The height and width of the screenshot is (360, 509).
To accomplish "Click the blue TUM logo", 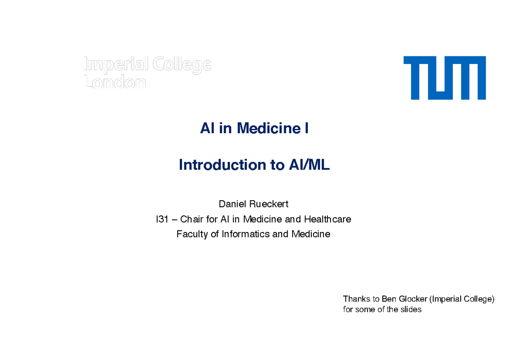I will [444, 78].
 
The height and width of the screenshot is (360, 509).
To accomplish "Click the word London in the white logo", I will [115, 83].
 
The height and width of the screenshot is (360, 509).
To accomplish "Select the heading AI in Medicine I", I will [254, 128].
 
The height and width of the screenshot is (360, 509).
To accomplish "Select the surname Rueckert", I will [269, 204].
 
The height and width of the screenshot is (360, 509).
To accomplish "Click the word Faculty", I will [192, 234].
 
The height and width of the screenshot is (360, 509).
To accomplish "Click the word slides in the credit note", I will [411, 310].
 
